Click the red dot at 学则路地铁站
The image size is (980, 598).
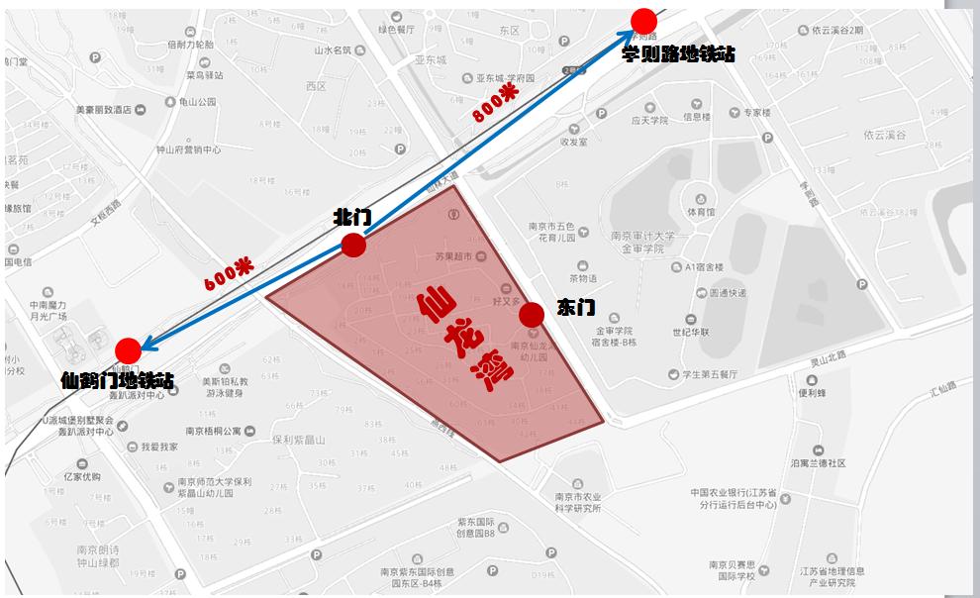point(644,21)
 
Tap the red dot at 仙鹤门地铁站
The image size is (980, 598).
point(128,350)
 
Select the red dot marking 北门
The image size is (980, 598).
point(353,246)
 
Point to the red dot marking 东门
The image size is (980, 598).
point(532,315)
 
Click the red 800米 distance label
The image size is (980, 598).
point(495,101)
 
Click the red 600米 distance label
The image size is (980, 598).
point(229,274)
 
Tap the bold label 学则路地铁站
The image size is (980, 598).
point(678,53)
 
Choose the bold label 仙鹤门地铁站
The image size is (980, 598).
point(117,380)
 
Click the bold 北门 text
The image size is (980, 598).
point(352,217)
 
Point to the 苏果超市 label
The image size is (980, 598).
point(455,257)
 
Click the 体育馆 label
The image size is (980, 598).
point(701,212)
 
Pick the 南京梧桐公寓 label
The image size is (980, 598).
point(213,431)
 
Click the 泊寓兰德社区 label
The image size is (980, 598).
point(818,462)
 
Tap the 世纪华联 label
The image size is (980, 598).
point(690,332)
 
